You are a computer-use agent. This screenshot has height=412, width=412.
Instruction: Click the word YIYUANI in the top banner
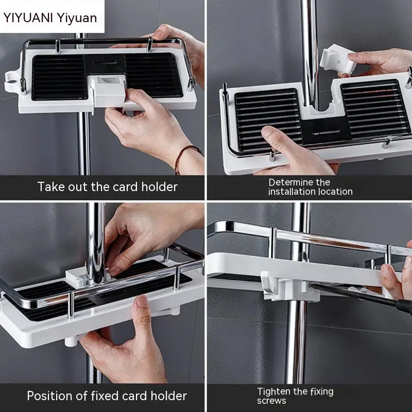(28, 18)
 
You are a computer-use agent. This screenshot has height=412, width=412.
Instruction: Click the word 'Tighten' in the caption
(274, 391)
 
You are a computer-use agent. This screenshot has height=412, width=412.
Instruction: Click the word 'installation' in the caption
(291, 191)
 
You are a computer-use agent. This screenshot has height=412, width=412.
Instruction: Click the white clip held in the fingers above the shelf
(337, 60)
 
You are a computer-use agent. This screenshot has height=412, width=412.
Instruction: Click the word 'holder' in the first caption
(160, 186)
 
